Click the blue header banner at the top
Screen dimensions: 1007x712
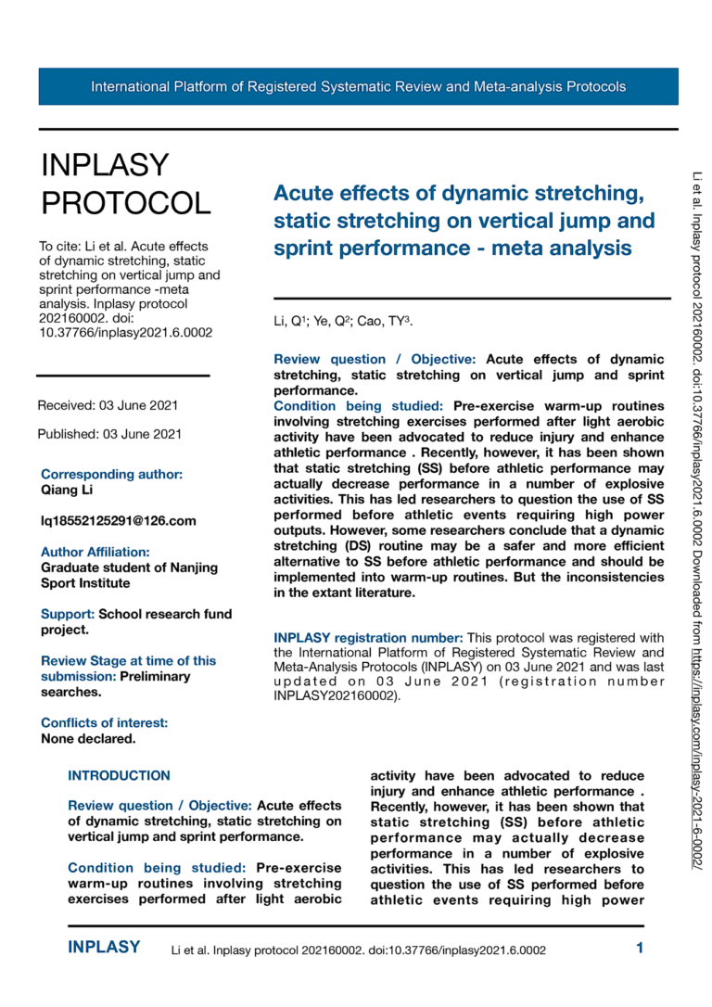click(358, 86)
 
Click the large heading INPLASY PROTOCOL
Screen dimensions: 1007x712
click(125, 183)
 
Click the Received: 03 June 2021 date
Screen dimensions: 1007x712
click(108, 405)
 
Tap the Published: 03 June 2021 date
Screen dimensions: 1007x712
click(108, 433)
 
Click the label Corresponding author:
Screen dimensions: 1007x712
click(111, 474)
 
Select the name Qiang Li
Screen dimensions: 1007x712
click(67, 490)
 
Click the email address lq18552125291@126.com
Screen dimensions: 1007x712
click(119, 520)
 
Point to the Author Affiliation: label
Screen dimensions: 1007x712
click(95, 552)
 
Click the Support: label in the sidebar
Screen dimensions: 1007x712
click(68, 614)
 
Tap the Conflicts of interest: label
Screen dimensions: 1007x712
click(104, 722)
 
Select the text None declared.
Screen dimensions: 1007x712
click(88, 739)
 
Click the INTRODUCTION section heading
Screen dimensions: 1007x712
click(119, 775)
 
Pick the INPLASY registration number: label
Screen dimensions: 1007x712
click(368, 638)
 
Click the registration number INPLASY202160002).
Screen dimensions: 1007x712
click(337, 696)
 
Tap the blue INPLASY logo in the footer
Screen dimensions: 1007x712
click(104, 948)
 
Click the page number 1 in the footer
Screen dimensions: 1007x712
click(640, 948)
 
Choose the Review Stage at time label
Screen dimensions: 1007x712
click(128, 660)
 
